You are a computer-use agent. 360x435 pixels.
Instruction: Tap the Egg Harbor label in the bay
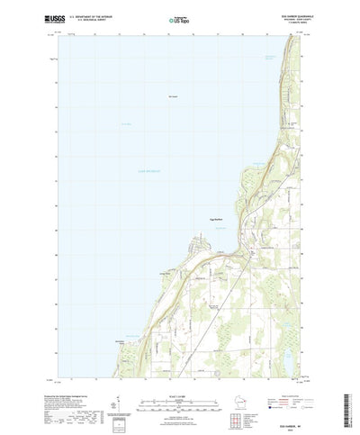click(x=220, y=207)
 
